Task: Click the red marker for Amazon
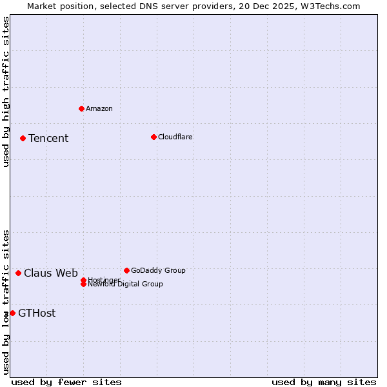(81, 108)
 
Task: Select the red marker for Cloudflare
(154, 137)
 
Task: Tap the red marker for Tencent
(23, 138)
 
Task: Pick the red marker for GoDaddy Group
(126, 270)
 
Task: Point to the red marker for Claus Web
(18, 273)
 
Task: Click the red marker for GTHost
(12, 313)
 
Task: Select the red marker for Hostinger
(83, 280)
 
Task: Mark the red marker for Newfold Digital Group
(83, 284)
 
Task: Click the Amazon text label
(99, 108)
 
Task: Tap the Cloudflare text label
(175, 137)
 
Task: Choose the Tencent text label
(48, 138)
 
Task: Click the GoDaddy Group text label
(158, 270)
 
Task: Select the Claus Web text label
(51, 273)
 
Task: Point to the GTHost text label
(37, 313)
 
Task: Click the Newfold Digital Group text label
(126, 284)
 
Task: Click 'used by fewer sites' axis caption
(66, 382)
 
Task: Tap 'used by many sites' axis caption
(324, 382)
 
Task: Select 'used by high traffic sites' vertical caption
(6, 92)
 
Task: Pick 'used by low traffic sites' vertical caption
(6, 301)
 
